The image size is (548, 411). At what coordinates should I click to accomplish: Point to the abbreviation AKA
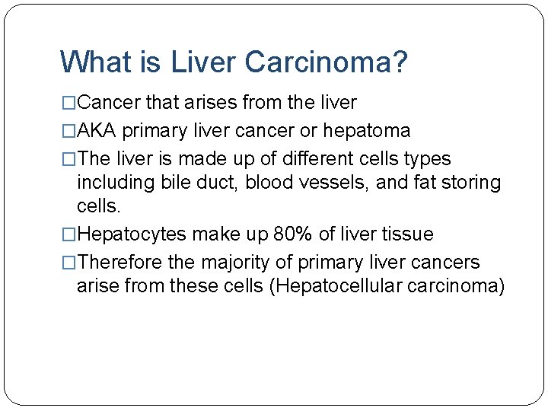click(x=97, y=131)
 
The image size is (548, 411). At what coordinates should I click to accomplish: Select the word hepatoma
click(x=367, y=131)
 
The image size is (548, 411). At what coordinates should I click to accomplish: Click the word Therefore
click(x=120, y=263)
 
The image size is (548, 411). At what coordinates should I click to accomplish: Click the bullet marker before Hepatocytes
click(x=69, y=234)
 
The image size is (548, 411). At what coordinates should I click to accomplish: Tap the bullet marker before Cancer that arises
click(x=69, y=102)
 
